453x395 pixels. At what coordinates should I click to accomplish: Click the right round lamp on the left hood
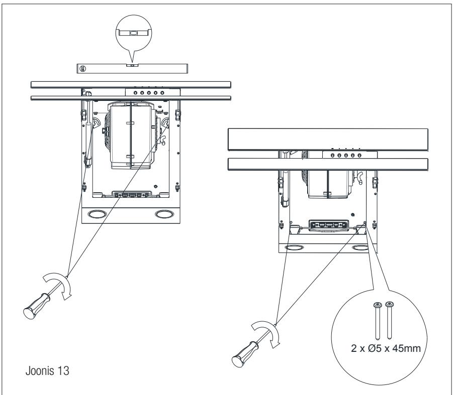pos(164,215)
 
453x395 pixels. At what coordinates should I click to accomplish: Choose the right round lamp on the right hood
pos(360,247)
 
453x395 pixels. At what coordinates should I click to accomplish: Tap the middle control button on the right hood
pos(340,156)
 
